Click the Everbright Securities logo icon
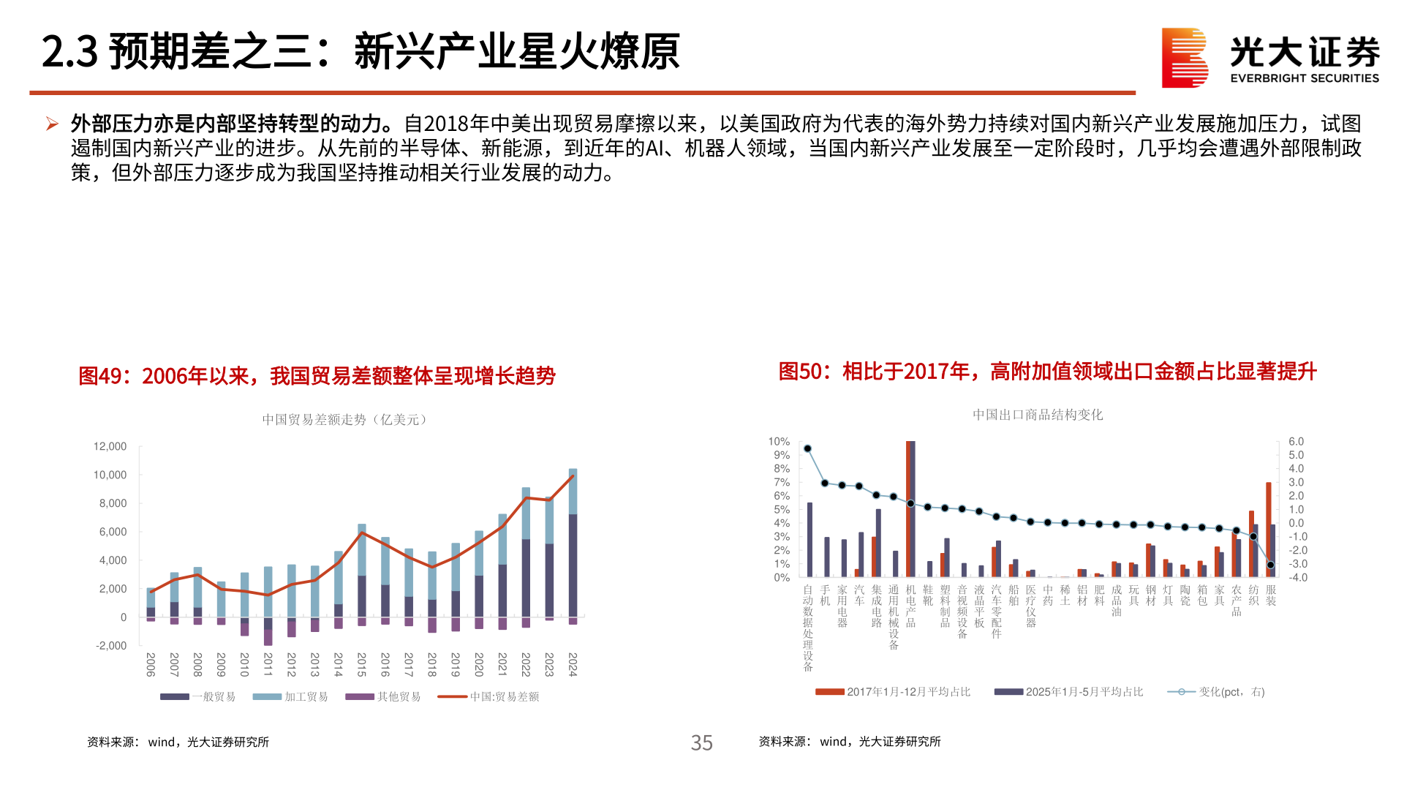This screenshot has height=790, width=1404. tap(1184, 58)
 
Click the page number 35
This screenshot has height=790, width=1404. tap(701, 742)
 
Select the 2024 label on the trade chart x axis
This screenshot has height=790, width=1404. tap(573, 664)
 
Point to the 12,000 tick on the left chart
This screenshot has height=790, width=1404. tap(110, 446)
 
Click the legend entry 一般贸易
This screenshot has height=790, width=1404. tap(197, 696)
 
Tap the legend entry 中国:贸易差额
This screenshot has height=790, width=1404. tap(488, 696)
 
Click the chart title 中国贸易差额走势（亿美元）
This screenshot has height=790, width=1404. tap(346, 419)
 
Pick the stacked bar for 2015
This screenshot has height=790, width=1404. tap(361, 571)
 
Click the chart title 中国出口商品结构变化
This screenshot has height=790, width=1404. tap(1037, 415)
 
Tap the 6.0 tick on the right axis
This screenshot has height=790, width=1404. tap(1296, 442)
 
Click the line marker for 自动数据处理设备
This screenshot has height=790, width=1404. tap(807, 449)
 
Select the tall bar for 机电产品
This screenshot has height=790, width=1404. tap(910, 508)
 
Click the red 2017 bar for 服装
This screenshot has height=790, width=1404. tap(1269, 530)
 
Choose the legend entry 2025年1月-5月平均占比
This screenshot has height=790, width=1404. tap(1068, 692)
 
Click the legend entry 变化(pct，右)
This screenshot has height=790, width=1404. tap(1216, 692)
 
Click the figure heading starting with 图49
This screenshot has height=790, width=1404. tap(317, 376)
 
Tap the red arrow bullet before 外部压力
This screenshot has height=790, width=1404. tap(52, 124)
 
